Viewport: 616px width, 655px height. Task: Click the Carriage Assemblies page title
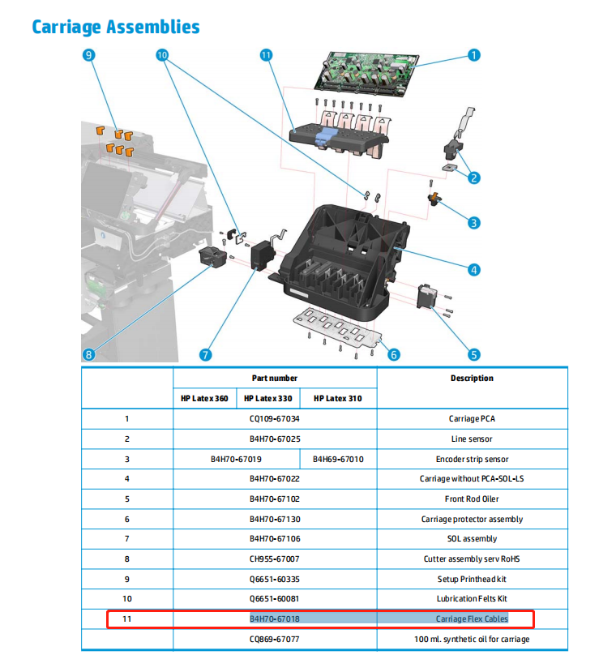[115, 27]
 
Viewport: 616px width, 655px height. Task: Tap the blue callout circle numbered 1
[474, 55]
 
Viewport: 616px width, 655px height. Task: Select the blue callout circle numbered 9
[88, 55]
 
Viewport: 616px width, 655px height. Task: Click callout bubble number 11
[265, 55]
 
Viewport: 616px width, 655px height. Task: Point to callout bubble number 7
[206, 354]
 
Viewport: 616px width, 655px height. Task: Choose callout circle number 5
[474, 353]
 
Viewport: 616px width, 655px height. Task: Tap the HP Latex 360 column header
[206, 399]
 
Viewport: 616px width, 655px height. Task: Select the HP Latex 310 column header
[338, 399]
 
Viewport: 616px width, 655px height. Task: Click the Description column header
[472, 379]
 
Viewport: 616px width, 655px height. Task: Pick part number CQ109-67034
[275, 419]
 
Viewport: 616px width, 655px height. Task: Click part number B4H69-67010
[339, 459]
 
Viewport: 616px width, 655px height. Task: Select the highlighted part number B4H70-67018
[275, 619]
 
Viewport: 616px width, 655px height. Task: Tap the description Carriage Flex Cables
[472, 619]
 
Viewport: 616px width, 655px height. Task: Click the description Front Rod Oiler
[472, 499]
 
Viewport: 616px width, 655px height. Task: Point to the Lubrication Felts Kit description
[472, 598]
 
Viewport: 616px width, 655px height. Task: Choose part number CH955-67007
[275, 559]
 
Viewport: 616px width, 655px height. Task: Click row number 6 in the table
[126, 519]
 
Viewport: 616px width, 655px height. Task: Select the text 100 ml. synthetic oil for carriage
[472, 639]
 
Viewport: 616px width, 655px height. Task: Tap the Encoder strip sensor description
[472, 459]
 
